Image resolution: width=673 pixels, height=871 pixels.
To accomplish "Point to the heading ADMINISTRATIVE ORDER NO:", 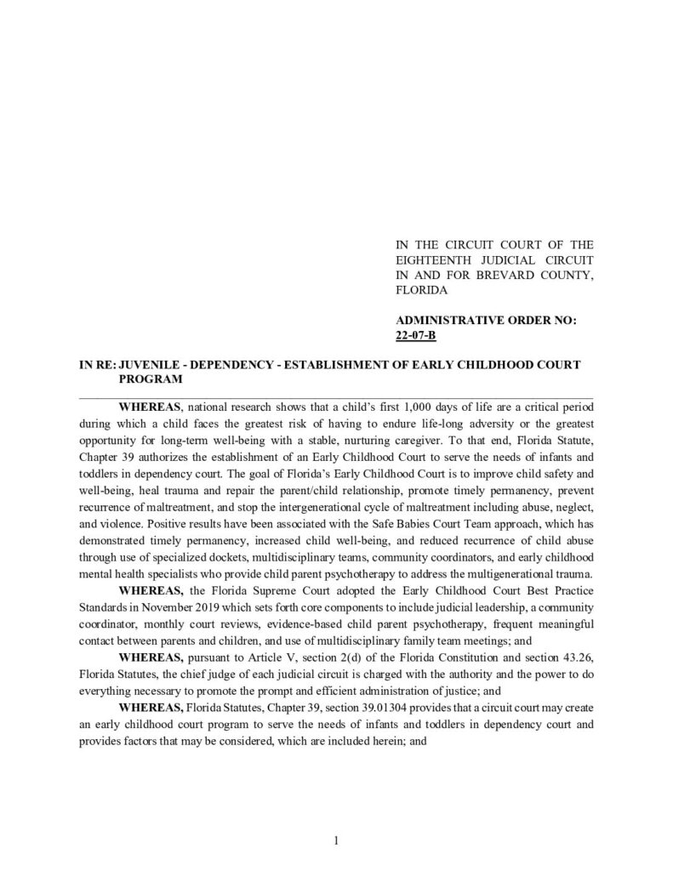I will [x=487, y=321].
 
